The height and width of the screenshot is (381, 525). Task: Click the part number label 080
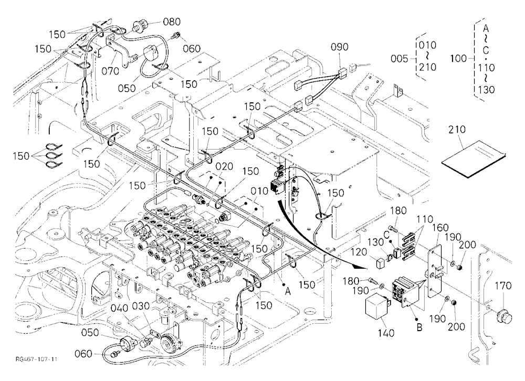pyautogui.click(x=172, y=22)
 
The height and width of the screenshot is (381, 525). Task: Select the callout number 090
pyautogui.click(x=340, y=47)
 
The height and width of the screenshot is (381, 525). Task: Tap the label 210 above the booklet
pyautogui.click(x=457, y=129)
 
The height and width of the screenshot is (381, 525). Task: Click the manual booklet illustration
pyautogui.click(x=474, y=159)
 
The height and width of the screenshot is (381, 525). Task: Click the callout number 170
pyautogui.click(x=503, y=285)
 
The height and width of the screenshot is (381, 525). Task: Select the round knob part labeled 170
pyautogui.click(x=504, y=316)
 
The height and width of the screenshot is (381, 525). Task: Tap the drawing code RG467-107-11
pyautogui.click(x=37, y=359)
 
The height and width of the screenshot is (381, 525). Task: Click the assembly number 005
pyautogui.click(x=400, y=59)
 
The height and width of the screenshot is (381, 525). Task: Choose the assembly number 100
pyautogui.click(x=459, y=59)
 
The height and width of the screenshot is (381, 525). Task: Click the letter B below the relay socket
pyautogui.click(x=419, y=327)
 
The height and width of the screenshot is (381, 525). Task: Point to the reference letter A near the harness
pyautogui.click(x=288, y=292)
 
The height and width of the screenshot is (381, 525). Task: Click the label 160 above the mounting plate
pyautogui.click(x=440, y=228)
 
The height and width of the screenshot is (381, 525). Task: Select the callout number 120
pyautogui.click(x=360, y=252)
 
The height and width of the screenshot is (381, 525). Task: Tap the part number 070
pyautogui.click(x=110, y=71)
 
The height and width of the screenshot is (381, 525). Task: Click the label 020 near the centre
pyautogui.click(x=224, y=166)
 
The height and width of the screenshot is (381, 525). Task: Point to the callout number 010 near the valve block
pyautogui.click(x=260, y=191)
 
